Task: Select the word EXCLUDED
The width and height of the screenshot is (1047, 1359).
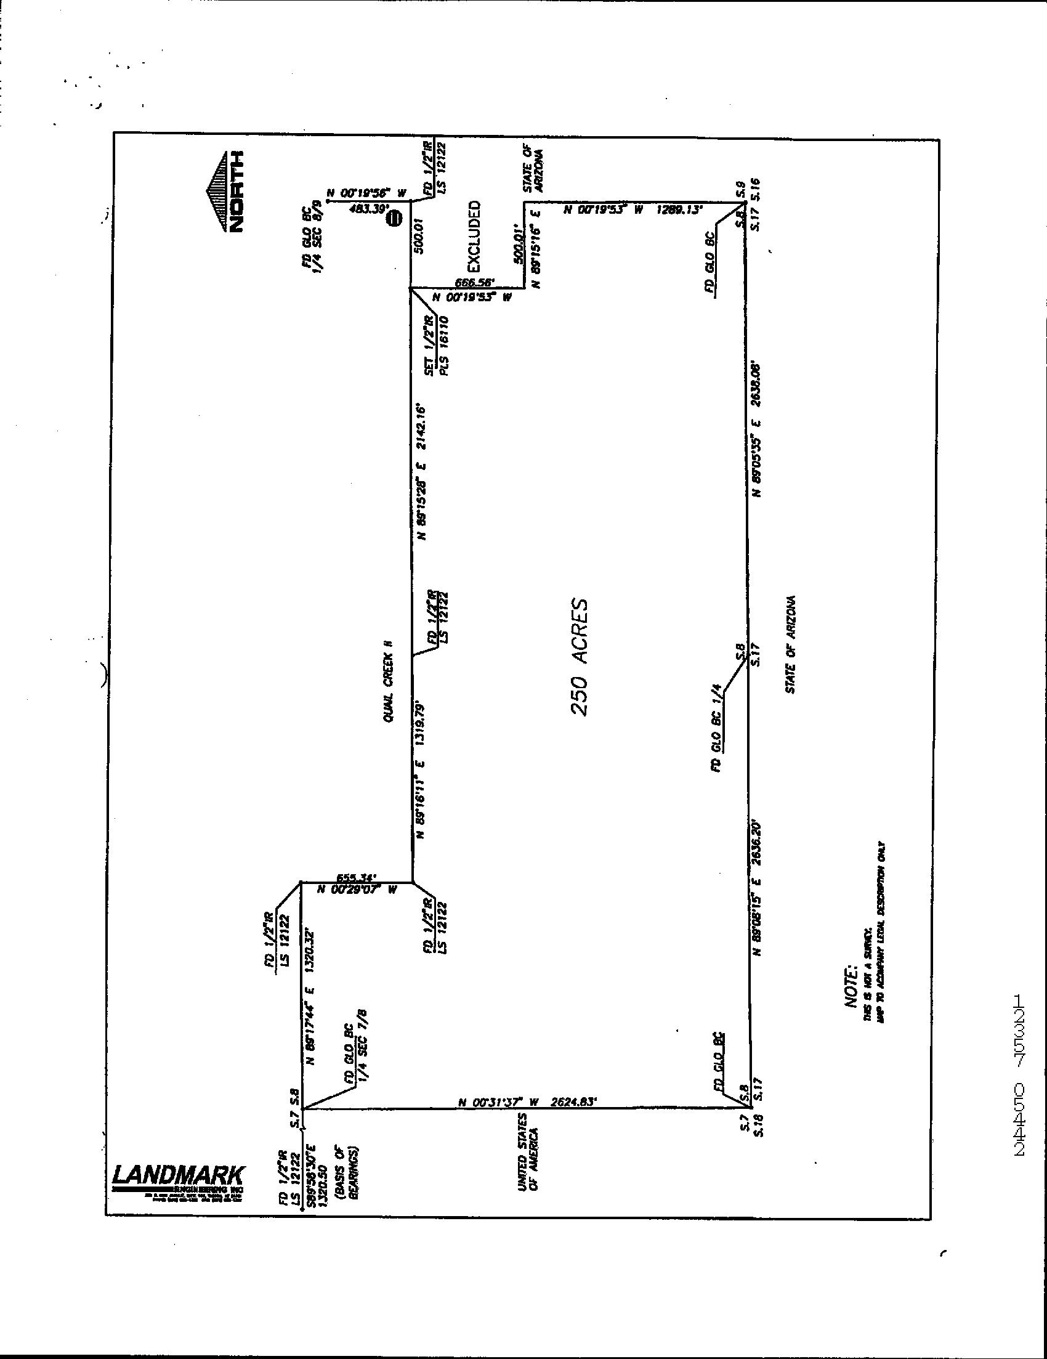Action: tap(474, 236)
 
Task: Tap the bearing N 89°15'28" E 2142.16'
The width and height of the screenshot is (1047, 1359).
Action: tap(422, 473)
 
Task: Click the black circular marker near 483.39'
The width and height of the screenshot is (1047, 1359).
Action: tap(393, 217)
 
